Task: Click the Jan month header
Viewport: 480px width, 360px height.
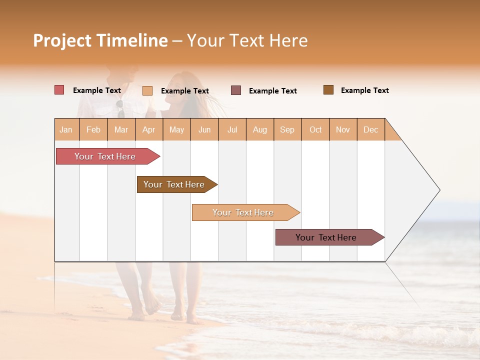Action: point(66,129)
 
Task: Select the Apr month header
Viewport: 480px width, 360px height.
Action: point(148,129)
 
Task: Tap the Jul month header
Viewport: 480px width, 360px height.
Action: point(232,129)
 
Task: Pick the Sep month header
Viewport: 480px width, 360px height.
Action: point(287,129)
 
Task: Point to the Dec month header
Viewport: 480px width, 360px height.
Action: point(370,129)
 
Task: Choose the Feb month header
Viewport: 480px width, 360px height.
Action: point(93,129)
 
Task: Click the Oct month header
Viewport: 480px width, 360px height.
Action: point(315,129)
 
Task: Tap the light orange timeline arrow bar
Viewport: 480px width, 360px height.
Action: point(243,212)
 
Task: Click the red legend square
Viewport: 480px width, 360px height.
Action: point(59,90)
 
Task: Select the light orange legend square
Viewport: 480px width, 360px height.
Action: point(147,90)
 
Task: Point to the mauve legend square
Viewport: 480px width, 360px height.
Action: point(236,90)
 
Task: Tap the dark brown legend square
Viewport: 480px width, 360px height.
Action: point(328,90)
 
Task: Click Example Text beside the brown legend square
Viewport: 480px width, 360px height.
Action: point(364,90)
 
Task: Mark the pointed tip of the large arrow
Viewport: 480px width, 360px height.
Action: point(439,190)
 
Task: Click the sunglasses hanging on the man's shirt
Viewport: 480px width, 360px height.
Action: point(120,107)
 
